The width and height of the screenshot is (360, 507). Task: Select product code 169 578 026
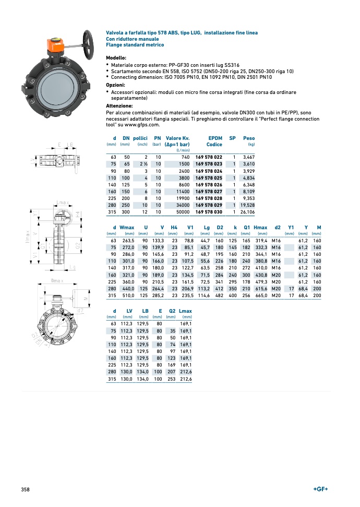209,184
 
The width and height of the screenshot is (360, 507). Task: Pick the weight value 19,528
247,205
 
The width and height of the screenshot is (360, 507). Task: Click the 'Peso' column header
249,138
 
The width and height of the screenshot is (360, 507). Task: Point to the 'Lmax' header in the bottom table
185,311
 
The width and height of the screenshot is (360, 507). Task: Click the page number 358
25,489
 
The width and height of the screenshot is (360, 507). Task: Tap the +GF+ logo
320,489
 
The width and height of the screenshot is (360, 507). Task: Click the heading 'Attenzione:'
119,105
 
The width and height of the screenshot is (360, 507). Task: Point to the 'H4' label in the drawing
77,214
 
